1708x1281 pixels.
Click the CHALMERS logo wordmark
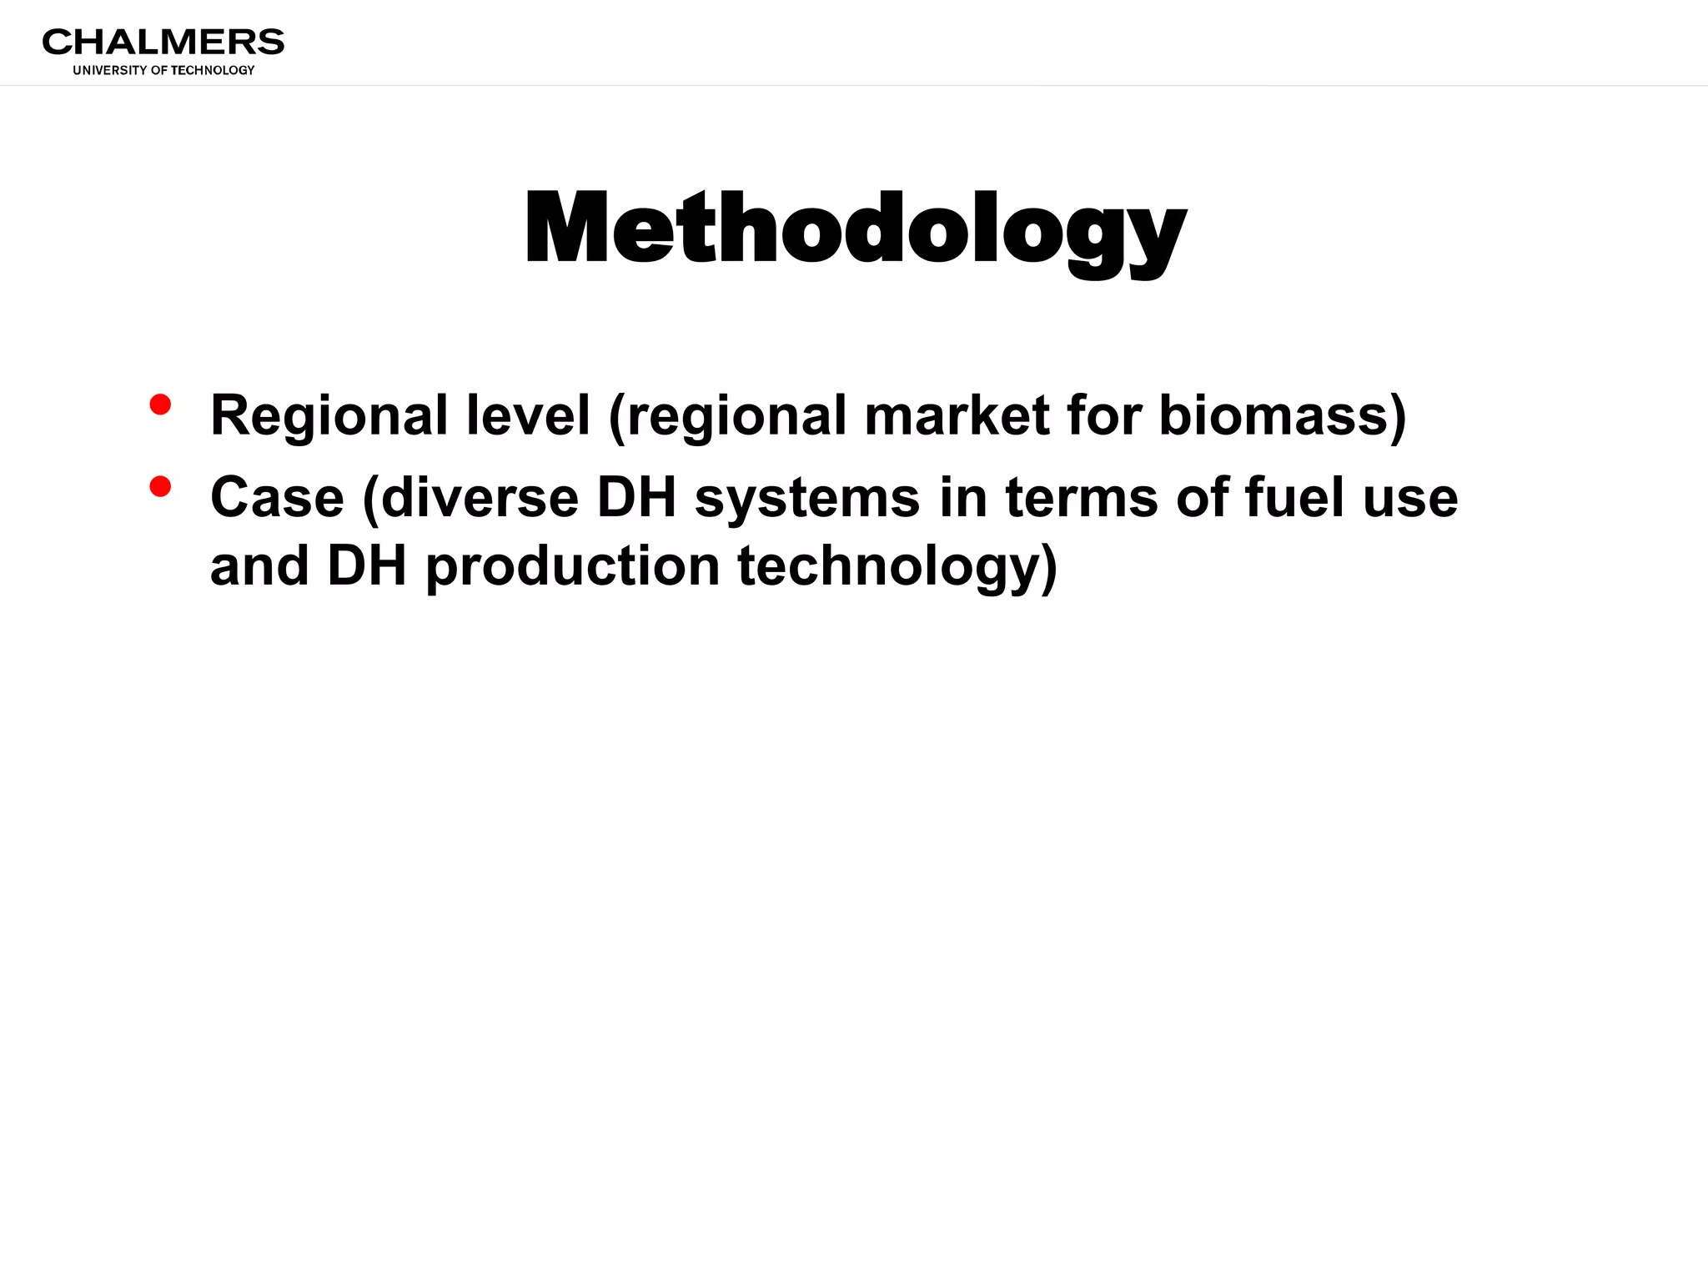pyautogui.click(x=163, y=42)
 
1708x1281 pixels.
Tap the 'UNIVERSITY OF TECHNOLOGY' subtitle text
pyautogui.click(x=163, y=71)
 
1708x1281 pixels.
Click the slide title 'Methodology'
pyautogui.click(x=855, y=229)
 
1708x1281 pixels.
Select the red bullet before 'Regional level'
pyautogui.click(x=160, y=405)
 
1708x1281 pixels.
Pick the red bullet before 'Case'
pyautogui.click(x=160, y=486)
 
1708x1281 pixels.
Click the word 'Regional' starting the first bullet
pyautogui.click(x=329, y=416)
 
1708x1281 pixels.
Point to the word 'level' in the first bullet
pyautogui.click(x=528, y=416)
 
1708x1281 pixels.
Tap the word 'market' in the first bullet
pyautogui.click(x=957, y=416)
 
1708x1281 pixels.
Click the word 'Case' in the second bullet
pyautogui.click(x=277, y=498)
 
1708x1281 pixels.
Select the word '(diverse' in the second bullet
pyautogui.click(x=470, y=498)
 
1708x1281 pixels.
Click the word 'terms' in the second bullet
pyautogui.click(x=1081, y=498)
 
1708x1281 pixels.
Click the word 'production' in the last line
pyautogui.click(x=573, y=567)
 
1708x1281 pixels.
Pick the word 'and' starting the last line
pyautogui.click(x=259, y=567)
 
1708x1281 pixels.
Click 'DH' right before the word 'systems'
pyautogui.click(x=636, y=498)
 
